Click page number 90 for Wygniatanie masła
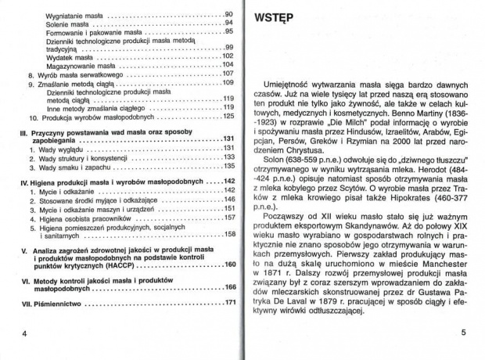229,15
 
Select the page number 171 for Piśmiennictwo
229,302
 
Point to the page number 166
229,286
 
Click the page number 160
229,265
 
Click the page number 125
229,116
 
